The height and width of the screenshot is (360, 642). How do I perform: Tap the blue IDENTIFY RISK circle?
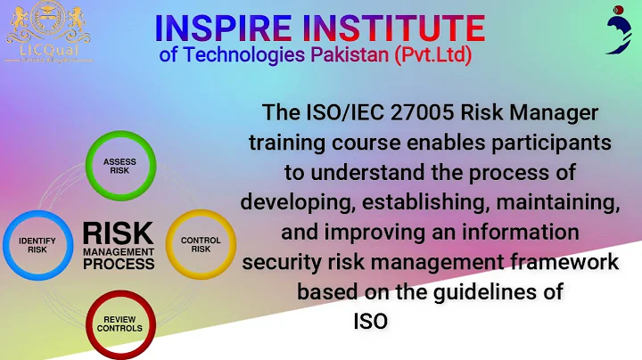pos(37,244)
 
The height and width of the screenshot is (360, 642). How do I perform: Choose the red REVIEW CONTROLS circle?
pos(119,323)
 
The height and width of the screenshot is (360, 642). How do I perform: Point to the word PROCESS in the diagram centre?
pos(118,265)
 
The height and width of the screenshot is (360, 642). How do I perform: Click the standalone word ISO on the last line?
pos(370,321)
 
